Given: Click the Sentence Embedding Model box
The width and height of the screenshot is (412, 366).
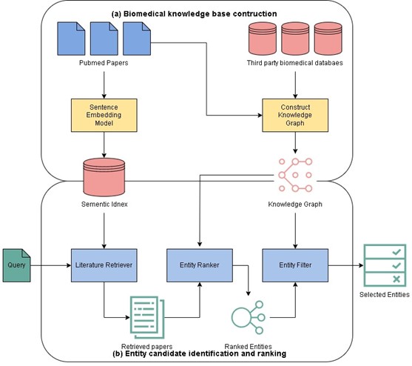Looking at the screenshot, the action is (104, 116).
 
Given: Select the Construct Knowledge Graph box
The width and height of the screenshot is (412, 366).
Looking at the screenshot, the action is (295, 116).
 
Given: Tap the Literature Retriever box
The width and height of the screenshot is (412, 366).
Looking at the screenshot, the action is (104, 265).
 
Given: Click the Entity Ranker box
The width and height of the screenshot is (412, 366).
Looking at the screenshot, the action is (200, 265).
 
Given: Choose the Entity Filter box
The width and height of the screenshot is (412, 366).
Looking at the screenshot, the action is (295, 265).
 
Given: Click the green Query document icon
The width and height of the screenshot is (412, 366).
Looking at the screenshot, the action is (16, 265).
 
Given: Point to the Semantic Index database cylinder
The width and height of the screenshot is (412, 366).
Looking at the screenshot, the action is (104, 177).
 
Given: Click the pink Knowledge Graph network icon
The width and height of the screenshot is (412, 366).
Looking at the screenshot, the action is (295, 175).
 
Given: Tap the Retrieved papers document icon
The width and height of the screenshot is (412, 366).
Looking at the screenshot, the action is (147, 317).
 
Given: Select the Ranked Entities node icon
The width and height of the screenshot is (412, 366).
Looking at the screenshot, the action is (249, 317).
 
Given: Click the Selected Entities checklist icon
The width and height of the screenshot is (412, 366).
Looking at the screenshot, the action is (385, 265).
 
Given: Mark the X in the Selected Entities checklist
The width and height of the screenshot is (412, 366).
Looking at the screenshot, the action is (396, 279).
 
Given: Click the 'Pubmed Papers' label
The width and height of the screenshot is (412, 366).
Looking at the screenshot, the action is (104, 63).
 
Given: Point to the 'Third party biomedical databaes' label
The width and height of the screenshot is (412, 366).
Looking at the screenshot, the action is (295, 63).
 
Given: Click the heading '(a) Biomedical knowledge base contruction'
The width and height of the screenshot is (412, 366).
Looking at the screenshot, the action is (195, 13).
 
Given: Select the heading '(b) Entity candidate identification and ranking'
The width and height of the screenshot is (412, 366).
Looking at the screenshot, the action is (200, 353).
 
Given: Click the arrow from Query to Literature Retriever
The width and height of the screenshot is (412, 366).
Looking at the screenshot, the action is (51, 265).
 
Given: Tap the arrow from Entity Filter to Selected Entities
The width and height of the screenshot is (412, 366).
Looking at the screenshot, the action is (345, 265).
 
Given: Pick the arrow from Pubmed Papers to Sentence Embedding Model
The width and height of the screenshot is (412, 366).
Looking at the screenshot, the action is (104, 85).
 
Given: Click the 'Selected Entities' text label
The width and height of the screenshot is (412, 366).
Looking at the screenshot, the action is (385, 294).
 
